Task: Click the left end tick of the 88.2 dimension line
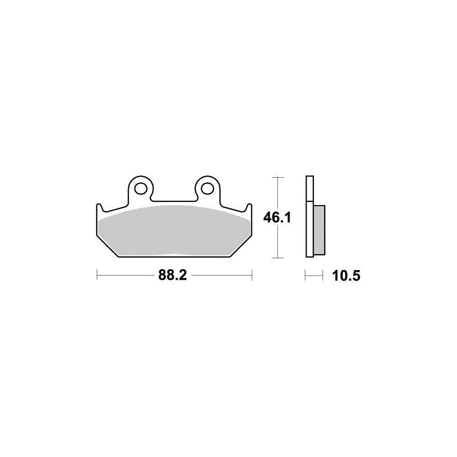pos(97,276)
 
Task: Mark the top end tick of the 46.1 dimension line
pos(278,177)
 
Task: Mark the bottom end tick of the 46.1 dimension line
pos(278,258)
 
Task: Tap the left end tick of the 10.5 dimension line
pos(306,276)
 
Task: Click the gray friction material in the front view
pos(174,231)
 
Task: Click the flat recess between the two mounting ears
pos(174,200)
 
